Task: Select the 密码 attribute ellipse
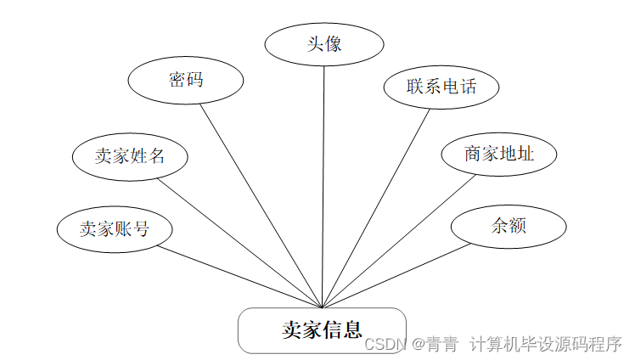186,81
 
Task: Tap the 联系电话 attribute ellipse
441,87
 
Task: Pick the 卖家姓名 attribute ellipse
130,156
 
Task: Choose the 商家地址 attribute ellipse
499,155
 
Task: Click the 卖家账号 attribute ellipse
115,228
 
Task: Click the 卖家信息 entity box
322,330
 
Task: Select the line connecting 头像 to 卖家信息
324,187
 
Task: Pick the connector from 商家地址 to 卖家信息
399,241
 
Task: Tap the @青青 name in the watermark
436,344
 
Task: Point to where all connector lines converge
323,308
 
